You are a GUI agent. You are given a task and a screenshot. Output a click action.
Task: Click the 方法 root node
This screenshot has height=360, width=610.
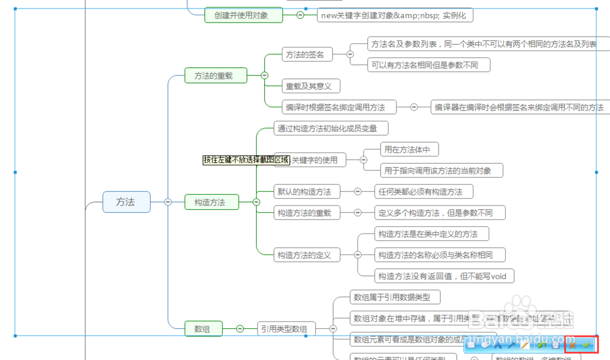[126, 202]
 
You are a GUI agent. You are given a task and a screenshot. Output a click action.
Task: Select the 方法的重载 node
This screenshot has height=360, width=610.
[216, 76]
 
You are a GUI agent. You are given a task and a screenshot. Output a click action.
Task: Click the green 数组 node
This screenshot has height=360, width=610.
[203, 329]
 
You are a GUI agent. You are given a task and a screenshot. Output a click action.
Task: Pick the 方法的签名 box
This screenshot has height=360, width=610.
[307, 54]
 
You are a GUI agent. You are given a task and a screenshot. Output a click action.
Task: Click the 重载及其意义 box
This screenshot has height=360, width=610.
[310, 86]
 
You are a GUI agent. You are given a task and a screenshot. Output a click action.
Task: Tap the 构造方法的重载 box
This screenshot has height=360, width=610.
[304, 212]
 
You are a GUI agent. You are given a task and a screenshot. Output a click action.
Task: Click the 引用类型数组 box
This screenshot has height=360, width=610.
[286, 329]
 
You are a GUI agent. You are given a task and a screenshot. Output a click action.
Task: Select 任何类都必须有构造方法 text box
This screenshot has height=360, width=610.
[424, 192]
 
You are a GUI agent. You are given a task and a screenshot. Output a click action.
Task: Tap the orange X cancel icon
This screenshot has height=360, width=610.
[572, 345]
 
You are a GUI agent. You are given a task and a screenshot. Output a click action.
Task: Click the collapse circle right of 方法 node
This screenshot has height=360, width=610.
[168, 202]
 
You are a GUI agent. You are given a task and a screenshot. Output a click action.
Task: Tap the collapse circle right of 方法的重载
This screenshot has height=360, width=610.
[264, 76]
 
